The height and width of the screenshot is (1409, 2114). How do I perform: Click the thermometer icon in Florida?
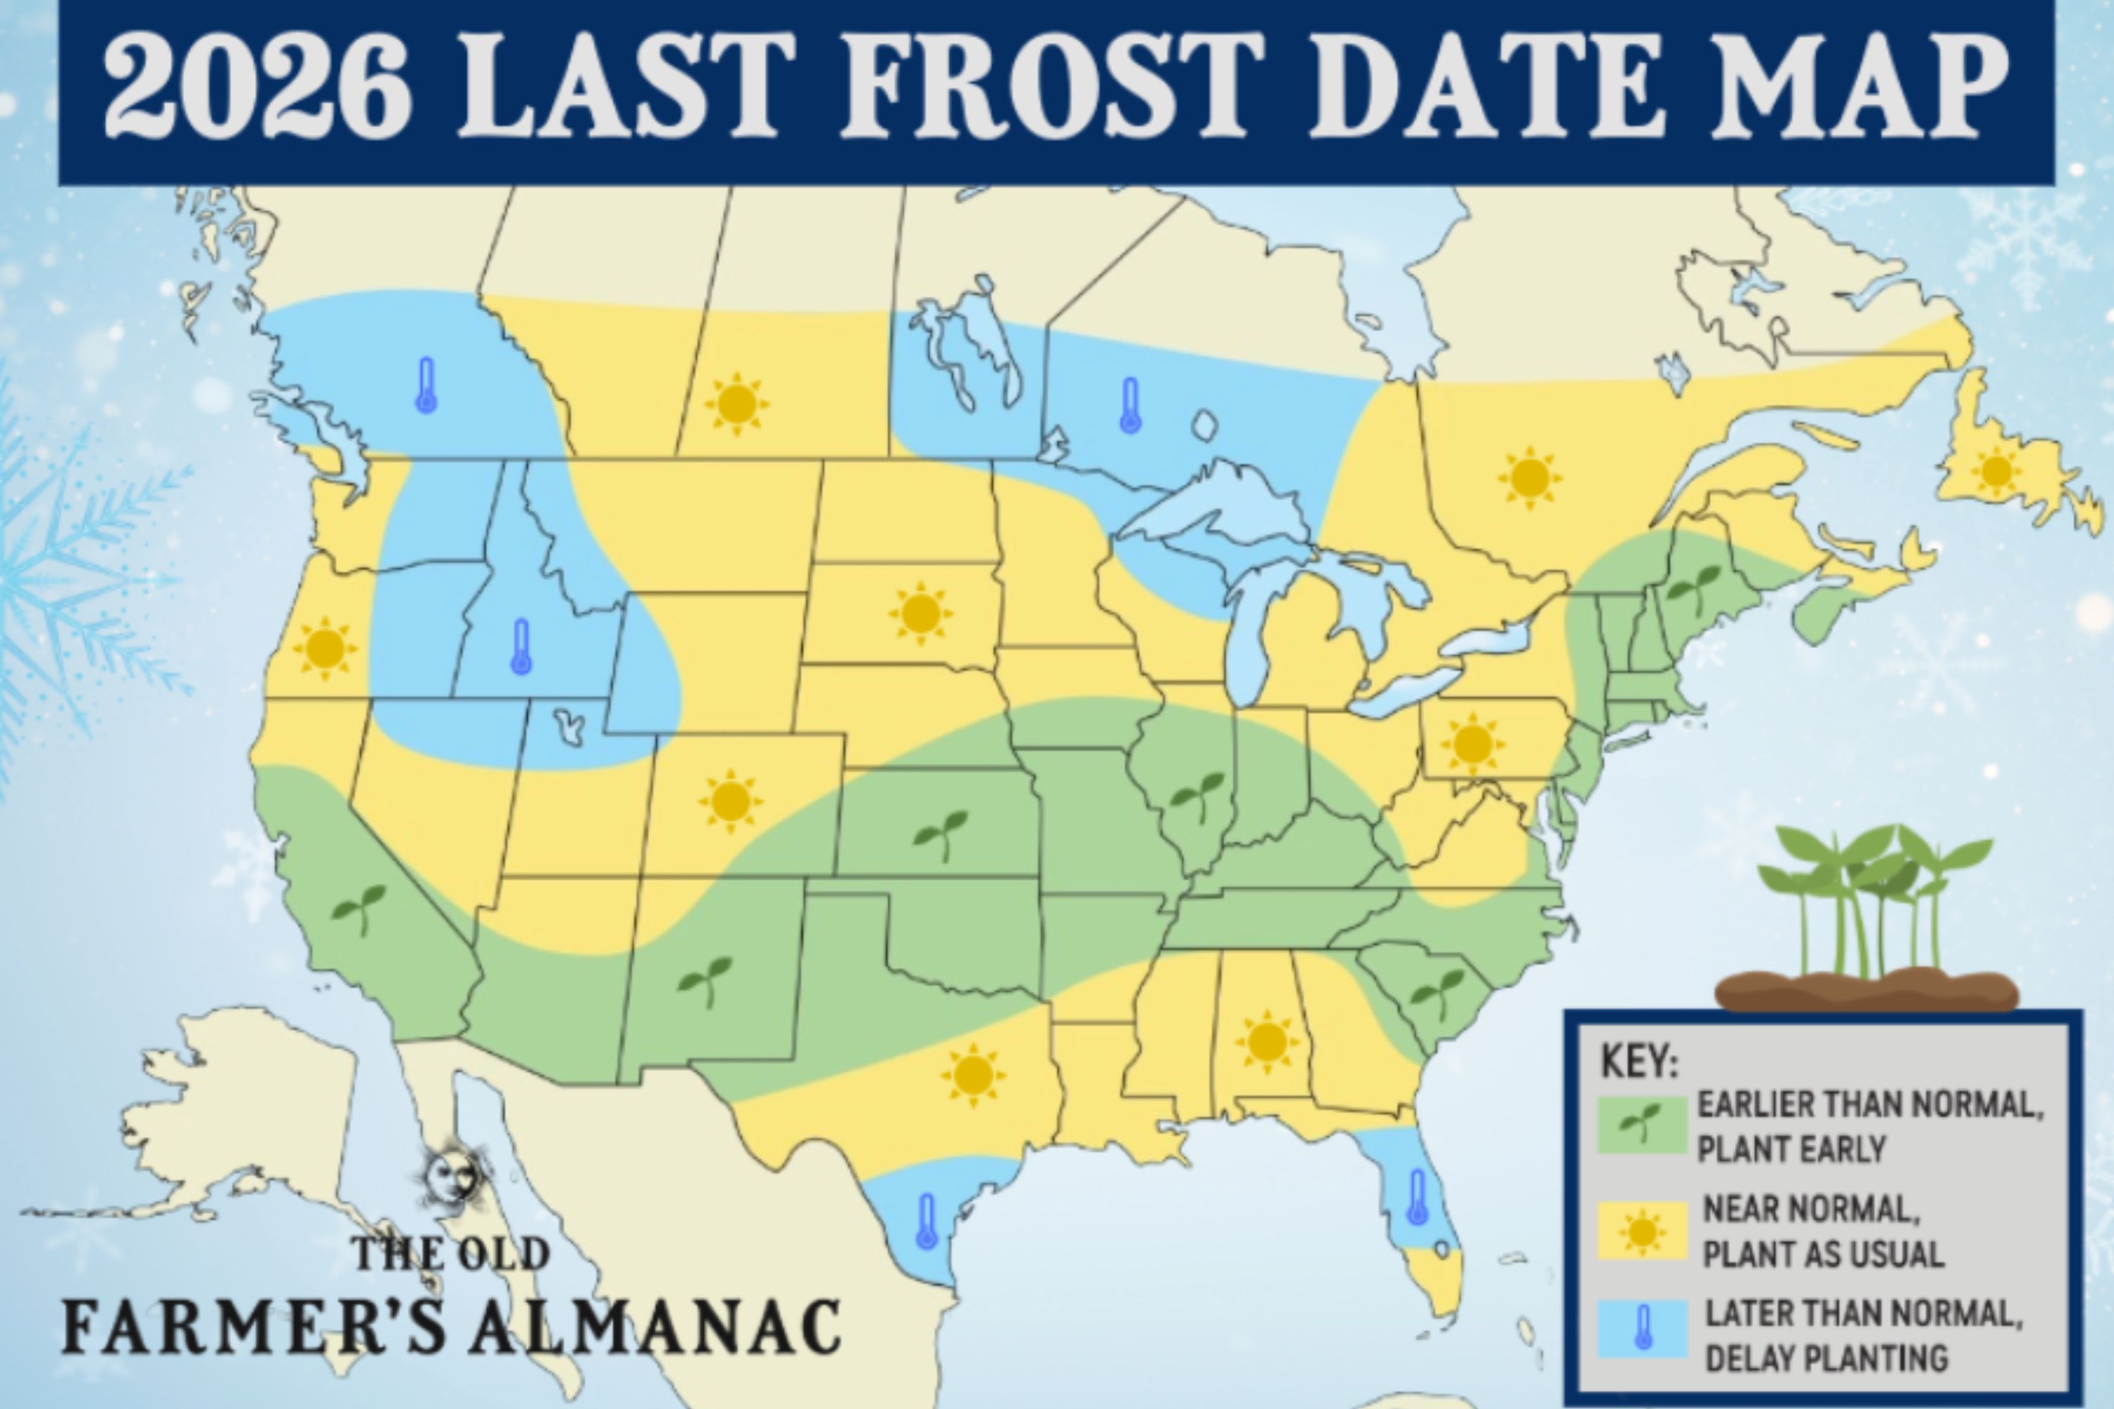click(x=1417, y=1197)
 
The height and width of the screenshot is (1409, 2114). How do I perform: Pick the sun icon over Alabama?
click(x=1267, y=1041)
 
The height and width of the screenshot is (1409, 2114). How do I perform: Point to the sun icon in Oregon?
click(x=324, y=648)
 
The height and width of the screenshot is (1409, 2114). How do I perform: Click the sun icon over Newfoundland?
click(x=1996, y=471)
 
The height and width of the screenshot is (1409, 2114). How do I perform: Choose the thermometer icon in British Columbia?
click(x=426, y=385)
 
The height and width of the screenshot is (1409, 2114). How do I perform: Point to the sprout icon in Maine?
click(x=1693, y=588)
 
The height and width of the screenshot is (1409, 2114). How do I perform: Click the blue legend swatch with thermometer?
click(x=1643, y=1329)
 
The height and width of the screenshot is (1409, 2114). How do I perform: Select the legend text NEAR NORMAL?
click(x=1812, y=1210)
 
